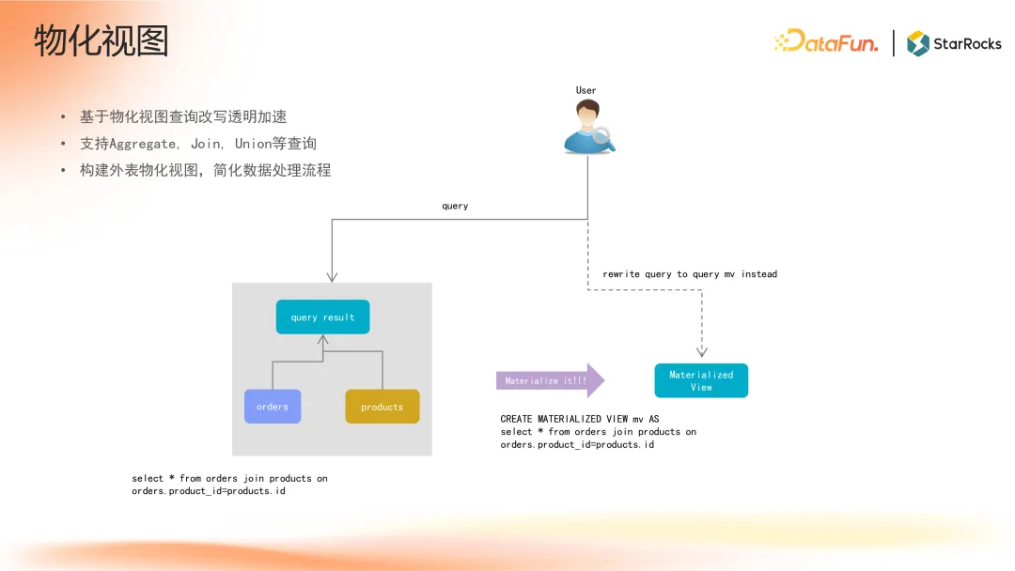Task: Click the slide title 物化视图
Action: (101, 42)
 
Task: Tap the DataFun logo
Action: (825, 42)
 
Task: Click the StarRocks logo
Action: (954, 43)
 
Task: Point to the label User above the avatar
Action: (586, 90)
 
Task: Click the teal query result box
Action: (322, 317)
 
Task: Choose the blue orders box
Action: (273, 407)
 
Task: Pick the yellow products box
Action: (382, 407)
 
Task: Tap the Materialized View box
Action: (701, 380)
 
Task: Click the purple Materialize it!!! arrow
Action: (549, 380)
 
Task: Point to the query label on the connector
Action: (455, 206)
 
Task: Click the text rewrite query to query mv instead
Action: (690, 274)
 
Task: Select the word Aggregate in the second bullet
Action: (143, 144)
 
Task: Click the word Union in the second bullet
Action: (253, 144)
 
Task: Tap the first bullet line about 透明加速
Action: (183, 117)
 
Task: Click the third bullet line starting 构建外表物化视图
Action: (205, 171)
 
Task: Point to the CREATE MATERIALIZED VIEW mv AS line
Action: (579, 419)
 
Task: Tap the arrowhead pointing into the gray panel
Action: (332, 276)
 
